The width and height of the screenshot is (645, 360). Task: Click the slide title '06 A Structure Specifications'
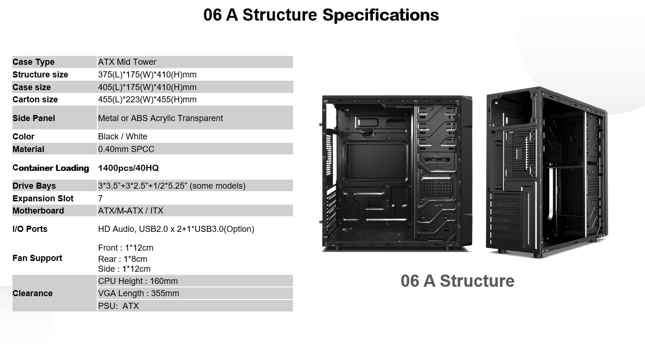[x=321, y=15]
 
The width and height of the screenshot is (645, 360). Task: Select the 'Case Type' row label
[x=33, y=62]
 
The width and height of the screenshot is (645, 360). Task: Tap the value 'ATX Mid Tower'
[x=127, y=62]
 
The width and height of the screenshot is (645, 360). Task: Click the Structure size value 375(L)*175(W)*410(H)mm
[x=147, y=75]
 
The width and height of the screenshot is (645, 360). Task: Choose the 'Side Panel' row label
[x=34, y=118]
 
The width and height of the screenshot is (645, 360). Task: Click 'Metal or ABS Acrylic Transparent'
[x=161, y=118]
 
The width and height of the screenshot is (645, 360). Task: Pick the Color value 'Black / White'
[x=123, y=137]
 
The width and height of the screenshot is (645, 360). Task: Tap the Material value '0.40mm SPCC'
[x=126, y=149]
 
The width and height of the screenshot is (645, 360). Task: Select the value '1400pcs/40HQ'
[x=129, y=168]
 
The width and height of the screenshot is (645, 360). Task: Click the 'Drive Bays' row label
[x=34, y=186]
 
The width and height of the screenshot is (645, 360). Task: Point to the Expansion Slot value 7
[x=100, y=199]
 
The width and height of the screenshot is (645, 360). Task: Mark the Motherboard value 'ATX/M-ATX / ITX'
[x=131, y=211]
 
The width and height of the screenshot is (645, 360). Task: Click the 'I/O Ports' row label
[x=30, y=229]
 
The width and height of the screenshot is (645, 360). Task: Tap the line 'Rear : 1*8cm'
[x=123, y=259]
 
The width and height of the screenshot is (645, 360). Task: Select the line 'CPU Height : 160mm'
[x=138, y=281]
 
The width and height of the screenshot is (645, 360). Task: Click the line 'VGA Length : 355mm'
[x=138, y=293]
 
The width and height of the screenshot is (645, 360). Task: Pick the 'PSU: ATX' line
[x=118, y=306]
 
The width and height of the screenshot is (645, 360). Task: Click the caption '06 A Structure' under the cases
[x=457, y=281]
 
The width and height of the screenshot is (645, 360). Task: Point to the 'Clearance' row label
[x=32, y=293]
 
